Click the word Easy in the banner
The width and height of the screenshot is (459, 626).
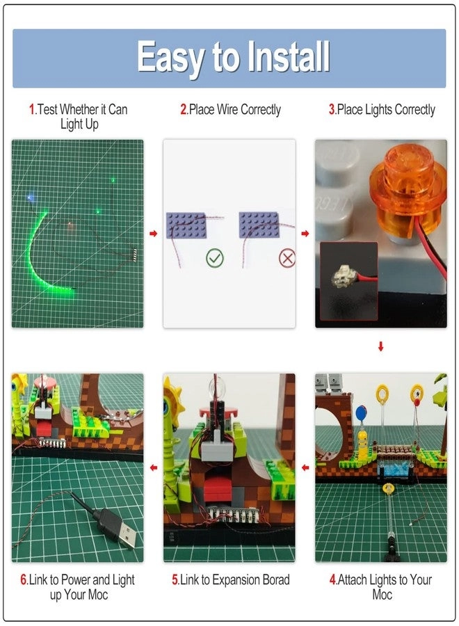[171, 57]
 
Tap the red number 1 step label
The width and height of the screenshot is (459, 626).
[31, 109]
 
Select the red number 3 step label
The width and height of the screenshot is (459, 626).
[332, 109]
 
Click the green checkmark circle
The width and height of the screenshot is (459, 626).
[215, 259]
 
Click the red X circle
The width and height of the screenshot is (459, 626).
[287, 259]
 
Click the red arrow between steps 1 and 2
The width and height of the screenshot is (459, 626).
[154, 234]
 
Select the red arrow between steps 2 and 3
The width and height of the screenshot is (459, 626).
[305, 234]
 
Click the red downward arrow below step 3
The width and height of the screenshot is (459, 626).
[380, 346]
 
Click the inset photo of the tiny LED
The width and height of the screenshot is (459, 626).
[348, 275]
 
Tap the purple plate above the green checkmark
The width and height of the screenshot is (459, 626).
[186, 225]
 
